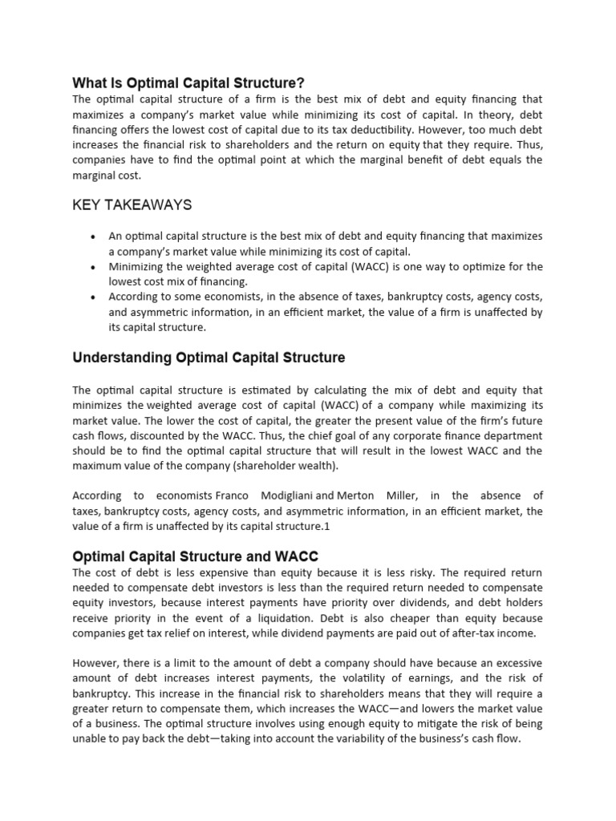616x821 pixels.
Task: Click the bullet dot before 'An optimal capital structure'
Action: point(94,237)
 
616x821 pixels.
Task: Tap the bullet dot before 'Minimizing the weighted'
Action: point(94,267)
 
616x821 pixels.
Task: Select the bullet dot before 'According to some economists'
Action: point(94,297)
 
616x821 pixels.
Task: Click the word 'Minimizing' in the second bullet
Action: point(136,267)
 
